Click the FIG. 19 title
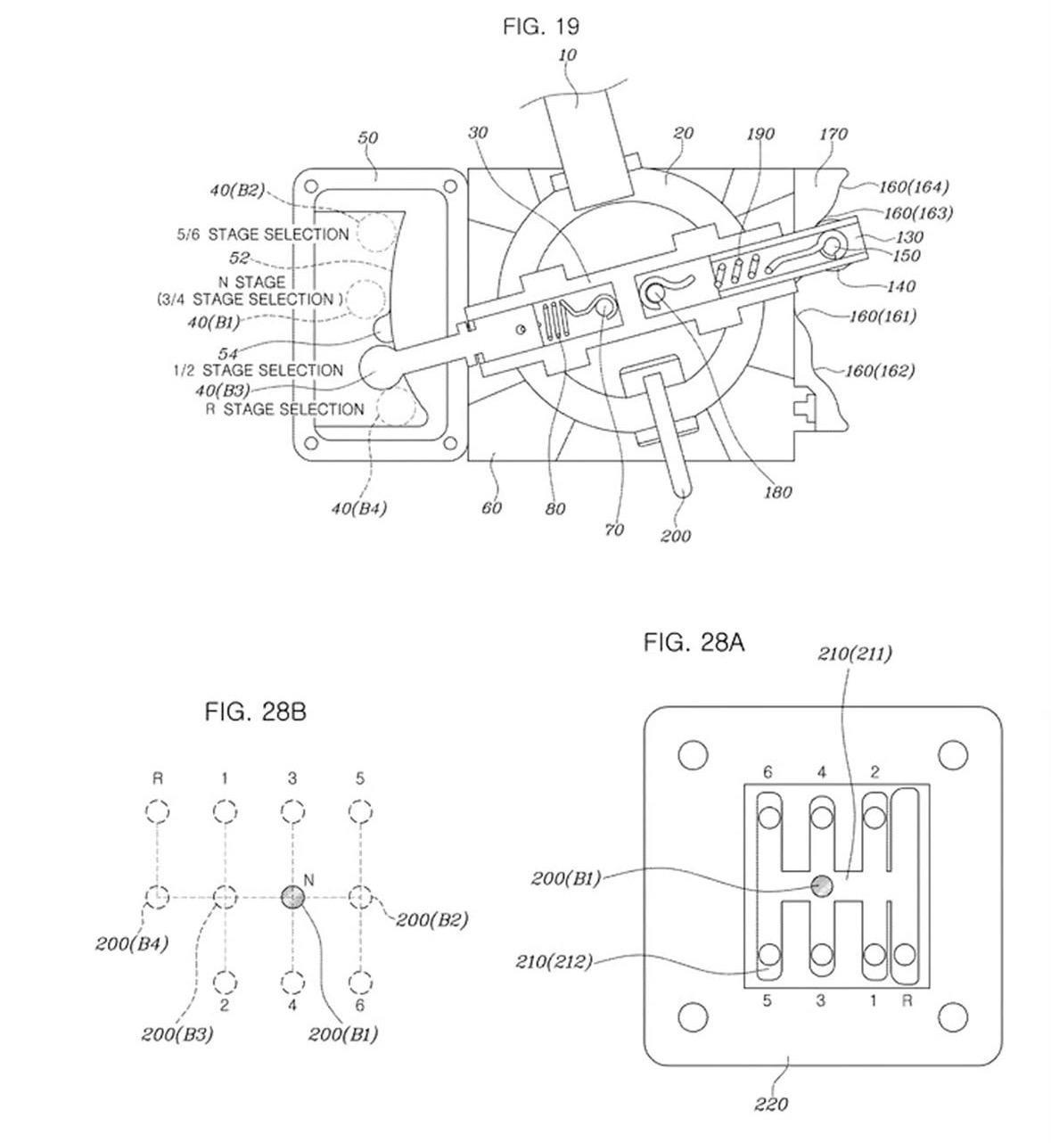coord(541,27)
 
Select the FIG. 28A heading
coord(694,643)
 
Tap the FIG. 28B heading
coord(255,712)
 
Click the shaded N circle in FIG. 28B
coord(293,898)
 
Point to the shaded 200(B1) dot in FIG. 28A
coord(821,885)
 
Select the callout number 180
coord(777,492)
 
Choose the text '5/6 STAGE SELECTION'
coord(263,234)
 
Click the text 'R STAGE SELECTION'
coord(284,409)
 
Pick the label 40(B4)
coord(359,507)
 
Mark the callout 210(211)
coord(855,654)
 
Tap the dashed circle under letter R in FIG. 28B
coord(157,810)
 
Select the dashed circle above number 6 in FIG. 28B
coord(359,983)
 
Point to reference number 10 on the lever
coord(567,54)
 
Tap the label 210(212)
coord(554,962)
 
